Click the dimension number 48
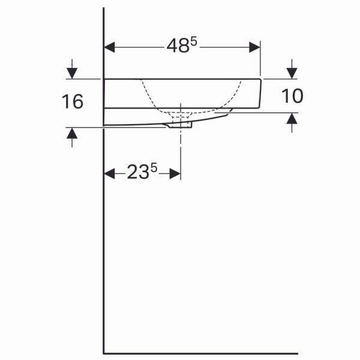(178, 46)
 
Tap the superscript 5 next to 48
(194, 42)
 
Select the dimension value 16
(73, 101)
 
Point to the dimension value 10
(292, 96)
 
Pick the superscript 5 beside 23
(154, 167)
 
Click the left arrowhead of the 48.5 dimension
(110, 47)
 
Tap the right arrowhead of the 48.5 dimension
(254, 47)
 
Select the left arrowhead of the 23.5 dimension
(110, 173)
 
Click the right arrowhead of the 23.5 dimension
(175, 173)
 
